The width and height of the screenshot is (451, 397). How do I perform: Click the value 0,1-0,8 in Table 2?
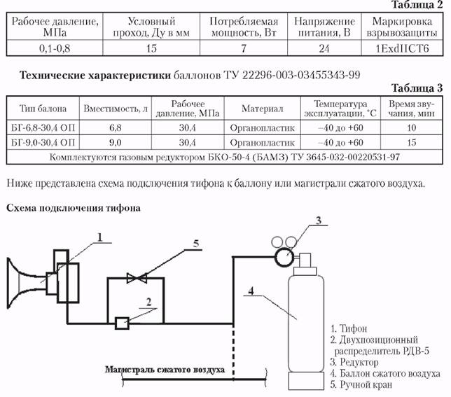pyautogui.click(x=55, y=48)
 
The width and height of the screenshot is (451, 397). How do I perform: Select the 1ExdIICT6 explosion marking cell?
pyautogui.click(x=402, y=48)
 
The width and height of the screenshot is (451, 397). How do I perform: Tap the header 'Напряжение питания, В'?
pyautogui.click(x=324, y=27)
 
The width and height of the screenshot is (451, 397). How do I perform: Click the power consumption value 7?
pyautogui.click(x=244, y=48)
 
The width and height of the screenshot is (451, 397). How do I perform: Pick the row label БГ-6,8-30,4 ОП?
pyautogui.click(x=43, y=127)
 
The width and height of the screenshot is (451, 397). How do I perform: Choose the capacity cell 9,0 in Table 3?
pyautogui.click(x=116, y=142)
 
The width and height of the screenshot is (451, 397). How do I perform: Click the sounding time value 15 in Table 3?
pyautogui.click(x=412, y=142)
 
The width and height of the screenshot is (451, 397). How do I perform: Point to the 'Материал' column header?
pyautogui.click(x=263, y=109)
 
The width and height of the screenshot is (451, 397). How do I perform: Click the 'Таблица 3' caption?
pyautogui.click(x=417, y=88)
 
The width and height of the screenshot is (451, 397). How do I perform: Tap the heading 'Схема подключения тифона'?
pyautogui.click(x=74, y=208)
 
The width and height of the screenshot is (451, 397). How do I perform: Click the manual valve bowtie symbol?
pyautogui.click(x=137, y=278)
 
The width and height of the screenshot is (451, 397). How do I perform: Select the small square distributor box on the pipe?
pyautogui.click(x=122, y=323)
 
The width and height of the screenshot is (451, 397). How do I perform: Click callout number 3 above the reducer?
pyautogui.click(x=319, y=220)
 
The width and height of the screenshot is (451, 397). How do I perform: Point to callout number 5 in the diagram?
pyautogui.click(x=196, y=244)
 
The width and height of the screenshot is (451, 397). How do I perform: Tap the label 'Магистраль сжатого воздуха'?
pyautogui.click(x=165, y=370)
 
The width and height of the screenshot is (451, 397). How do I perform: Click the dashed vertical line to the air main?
pyautogui.click(x=233, y=351)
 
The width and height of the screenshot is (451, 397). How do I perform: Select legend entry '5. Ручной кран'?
pyautogui.click(x=361, y=384)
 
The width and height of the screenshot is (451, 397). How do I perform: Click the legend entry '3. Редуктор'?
pyautogui.click(x=354, y=362)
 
